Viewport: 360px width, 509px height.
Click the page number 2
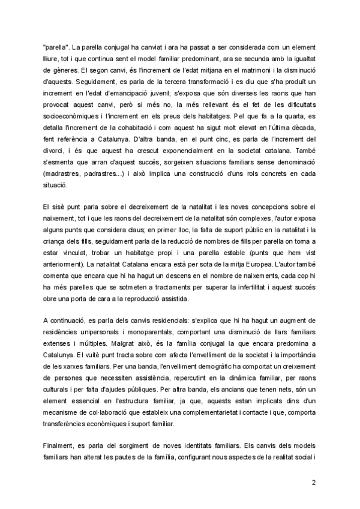pyautogui.click(x=313, y=481)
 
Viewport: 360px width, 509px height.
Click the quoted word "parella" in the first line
pyautogui.click(x=56, y=46)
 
